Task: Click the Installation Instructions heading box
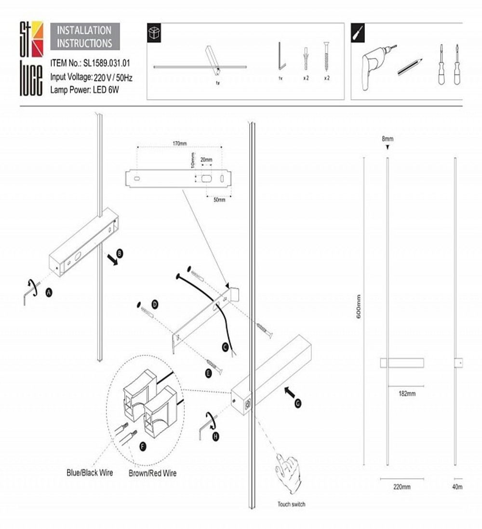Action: [84, 37]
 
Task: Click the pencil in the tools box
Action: [410, 67]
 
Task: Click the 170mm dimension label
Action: [179, 143]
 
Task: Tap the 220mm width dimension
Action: [402, 487]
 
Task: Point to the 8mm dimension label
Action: [388, 139]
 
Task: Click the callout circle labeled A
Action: [49, 292]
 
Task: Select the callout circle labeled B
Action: [120, 252]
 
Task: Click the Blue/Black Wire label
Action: [90, 472]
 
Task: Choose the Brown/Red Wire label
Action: [152, 473]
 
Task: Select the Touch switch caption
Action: [291, 504]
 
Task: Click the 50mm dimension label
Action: [219, 199]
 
